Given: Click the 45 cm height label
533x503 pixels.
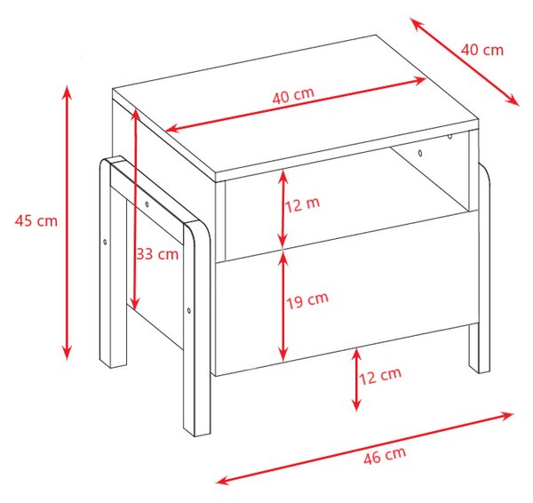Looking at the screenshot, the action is click(36, 221).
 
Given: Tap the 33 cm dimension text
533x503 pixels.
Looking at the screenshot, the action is click(157, 253).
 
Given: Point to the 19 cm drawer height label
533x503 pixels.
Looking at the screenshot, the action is click(307, 300).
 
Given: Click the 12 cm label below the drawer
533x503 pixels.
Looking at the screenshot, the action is click(380, 376).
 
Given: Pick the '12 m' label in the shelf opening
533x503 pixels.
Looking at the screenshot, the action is click(303, 204).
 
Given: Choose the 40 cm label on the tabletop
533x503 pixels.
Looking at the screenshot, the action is click(293, 95).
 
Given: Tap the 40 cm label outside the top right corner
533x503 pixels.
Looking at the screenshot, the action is click(482, 50).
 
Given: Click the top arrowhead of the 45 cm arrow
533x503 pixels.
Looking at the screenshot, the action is click(68, 92).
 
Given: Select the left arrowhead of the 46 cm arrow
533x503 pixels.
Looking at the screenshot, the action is click(224, 480).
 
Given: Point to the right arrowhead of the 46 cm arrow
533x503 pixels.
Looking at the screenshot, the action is click(505, 416).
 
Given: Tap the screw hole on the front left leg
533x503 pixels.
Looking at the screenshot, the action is click(189, 310).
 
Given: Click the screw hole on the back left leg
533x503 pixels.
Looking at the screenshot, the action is click(105, 242).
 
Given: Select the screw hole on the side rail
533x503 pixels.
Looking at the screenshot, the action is click(147, 204).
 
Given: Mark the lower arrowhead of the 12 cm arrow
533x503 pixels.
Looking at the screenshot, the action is click(356, 404).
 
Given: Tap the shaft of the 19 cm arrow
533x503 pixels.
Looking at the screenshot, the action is click(282, 308).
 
